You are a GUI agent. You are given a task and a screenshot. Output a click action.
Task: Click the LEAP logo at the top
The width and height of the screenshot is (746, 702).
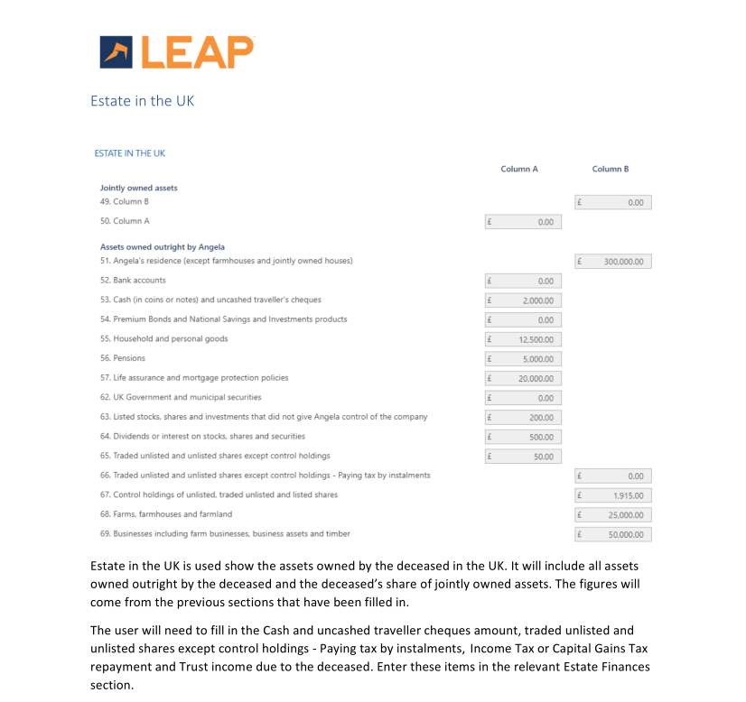[x=177, y=51]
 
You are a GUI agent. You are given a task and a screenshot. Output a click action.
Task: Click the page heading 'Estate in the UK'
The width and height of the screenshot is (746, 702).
[x=142, y=100]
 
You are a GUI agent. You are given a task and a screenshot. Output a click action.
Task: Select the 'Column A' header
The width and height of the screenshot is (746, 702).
[x=518, y=169]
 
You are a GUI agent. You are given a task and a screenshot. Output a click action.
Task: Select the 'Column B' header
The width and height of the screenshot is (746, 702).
[x=610, y=169]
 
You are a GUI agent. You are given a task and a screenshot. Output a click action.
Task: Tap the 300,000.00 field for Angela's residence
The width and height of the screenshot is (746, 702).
[x=613, y=262]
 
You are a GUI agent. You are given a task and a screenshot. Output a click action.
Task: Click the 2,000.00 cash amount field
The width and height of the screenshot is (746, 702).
[x=524, y=300]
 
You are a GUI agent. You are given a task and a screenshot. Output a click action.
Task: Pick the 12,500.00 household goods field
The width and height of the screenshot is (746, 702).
[x=524, y=339]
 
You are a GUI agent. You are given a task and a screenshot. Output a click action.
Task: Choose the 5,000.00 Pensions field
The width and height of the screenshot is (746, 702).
[x=524, y=359]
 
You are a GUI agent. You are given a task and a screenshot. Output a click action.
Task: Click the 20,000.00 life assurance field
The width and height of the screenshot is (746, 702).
[x=524, y=379]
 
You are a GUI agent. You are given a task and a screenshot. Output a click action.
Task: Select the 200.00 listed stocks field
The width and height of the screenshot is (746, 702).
[x=524, y=418]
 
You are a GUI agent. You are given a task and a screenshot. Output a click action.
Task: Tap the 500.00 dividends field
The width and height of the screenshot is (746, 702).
[x=524, y=437]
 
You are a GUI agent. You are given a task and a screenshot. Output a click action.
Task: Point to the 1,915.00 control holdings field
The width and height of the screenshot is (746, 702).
[x=613, y=495]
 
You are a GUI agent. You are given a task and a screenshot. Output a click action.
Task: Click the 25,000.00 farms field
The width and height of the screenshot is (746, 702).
[x=613, y=515]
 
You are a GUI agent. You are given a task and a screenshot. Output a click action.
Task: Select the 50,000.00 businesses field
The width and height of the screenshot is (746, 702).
[x=613, y=534]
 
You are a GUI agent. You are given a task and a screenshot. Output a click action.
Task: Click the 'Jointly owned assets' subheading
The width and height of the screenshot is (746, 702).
[x=138, y=188]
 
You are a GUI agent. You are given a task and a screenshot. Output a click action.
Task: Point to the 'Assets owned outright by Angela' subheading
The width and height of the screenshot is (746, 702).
[x=162, y=246]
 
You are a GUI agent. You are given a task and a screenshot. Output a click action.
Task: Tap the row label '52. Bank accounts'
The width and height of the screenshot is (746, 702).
[x=133, y=281]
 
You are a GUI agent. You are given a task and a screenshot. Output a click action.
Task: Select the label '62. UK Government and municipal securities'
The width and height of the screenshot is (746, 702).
[x=181, y=397]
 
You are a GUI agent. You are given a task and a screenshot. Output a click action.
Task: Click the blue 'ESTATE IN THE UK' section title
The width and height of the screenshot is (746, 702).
[x=129, y=153]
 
